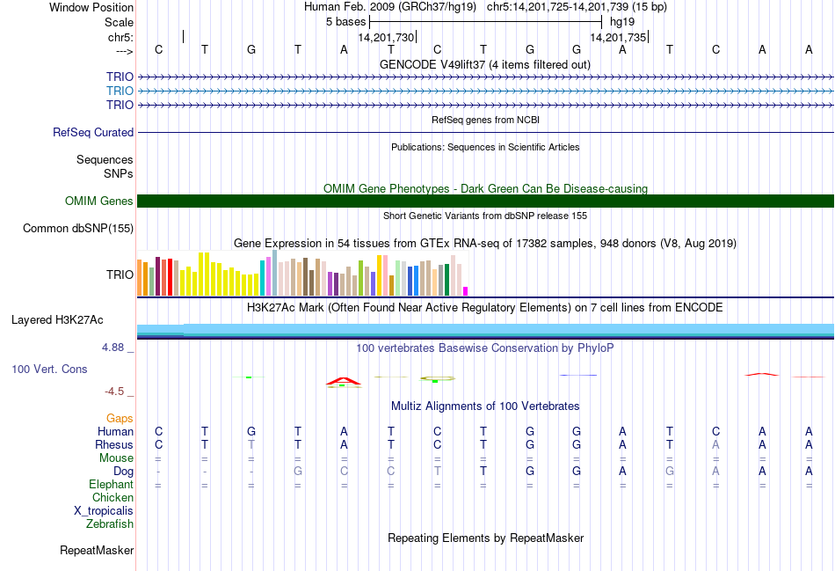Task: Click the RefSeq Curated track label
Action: point(93,133)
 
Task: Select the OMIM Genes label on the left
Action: point(99,201)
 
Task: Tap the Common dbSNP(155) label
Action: point(79,229)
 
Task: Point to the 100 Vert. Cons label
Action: point(49,370)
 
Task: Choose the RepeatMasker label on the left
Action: point(97,551)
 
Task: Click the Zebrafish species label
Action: point(110,524)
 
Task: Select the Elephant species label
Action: point(111,485)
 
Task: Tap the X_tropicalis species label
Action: point(104,511)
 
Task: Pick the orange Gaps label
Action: point(120,419)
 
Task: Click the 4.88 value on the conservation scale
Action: point(114,348)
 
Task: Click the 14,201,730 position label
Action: point(386,37)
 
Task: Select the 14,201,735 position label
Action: point(618,37)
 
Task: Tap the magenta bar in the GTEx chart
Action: point(466,290)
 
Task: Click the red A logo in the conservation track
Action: point(343,381)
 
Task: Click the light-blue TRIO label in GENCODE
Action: point(120,92)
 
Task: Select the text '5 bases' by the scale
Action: point(345,21)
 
